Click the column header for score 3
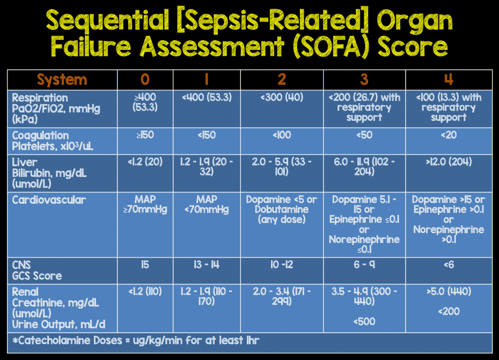point(364,79)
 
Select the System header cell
point(62,80)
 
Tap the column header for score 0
point(145,79)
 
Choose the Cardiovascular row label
point(49,200)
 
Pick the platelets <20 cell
point(449,135)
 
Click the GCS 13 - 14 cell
point(206,265)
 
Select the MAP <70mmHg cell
point(206,204)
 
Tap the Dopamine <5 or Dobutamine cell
point(282,209)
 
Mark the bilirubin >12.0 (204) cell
point(449,162)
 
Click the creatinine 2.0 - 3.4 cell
point(282,297)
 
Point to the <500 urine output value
point(364,322)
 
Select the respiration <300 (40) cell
point(282,98)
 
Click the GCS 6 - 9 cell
point(364,265)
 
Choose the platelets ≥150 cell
point(145,135)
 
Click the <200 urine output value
point(449,312)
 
